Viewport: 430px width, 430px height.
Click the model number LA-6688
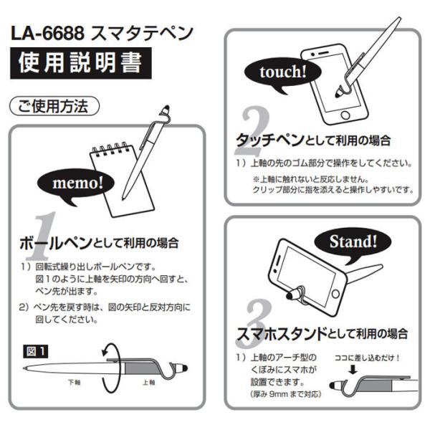pos(47,34)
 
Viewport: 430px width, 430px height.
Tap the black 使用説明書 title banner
pos(81,63)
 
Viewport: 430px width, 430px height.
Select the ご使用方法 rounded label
pos(54,106)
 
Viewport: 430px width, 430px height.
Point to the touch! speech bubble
pos(282,74)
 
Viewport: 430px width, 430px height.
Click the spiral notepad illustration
pos(122,180)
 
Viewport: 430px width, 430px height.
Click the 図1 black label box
pos(35,351)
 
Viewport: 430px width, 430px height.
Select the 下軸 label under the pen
pos(75,382)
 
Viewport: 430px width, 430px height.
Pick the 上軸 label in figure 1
pos(148,382)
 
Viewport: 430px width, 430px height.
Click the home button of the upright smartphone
pos(345,115)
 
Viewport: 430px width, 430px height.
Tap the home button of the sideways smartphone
pos(335,294)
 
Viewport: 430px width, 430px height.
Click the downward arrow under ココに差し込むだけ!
pos(353,369)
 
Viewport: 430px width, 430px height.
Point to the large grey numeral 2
pos(252,131)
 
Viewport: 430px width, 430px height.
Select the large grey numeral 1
pos(41,235)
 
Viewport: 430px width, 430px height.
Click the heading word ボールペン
pos(56,243)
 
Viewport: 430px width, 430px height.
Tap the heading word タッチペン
pos(270,140)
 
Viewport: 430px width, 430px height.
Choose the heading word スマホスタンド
pos(282,334)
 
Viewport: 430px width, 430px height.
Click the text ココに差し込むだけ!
pos(367,358)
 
